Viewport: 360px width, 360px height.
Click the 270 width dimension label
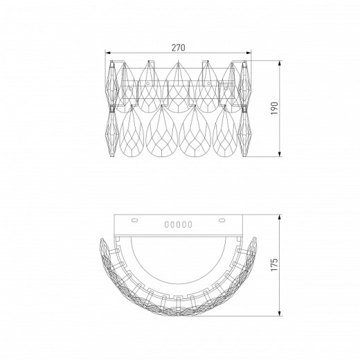[178, 48]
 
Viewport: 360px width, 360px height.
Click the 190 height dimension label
[274, 109]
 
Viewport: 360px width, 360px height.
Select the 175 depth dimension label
[274, 264]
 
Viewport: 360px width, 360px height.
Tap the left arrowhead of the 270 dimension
[108, 53]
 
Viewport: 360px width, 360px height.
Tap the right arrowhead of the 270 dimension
[249, 53]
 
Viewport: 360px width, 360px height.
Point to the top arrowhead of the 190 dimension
[280, 64]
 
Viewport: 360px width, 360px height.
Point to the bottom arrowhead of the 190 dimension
[280, 154]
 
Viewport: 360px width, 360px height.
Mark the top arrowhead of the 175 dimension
[280, 217]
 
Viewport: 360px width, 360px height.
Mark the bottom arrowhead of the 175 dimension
[280, 313]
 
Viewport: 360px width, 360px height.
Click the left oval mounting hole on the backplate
[134, 220]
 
